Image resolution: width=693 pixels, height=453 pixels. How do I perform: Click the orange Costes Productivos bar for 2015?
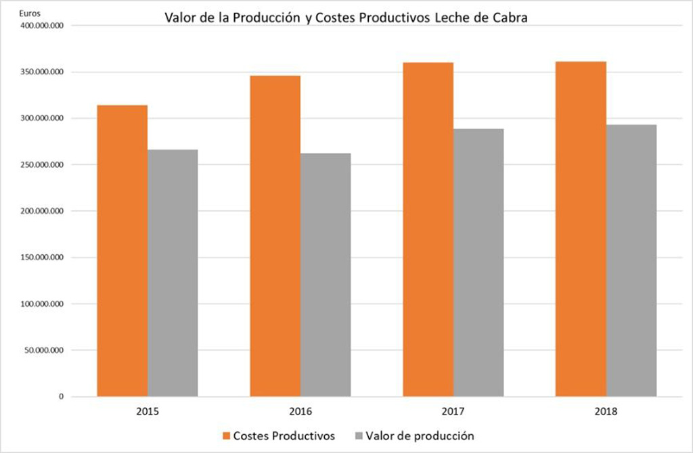pyautogui.click(x=122, y=250)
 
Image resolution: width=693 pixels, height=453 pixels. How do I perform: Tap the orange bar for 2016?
pyautogui.click(x=275, y=236)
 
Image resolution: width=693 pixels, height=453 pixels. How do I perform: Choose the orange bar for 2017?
pyautogui.click(x=428, y=229)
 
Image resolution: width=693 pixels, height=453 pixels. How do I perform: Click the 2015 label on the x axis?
pyautogui.click(x=147, y=410)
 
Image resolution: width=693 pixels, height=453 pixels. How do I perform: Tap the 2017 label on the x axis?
pyautogui.click(x=453, y=410)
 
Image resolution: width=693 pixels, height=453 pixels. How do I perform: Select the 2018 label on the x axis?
pyautogui.click(x=606, y=410)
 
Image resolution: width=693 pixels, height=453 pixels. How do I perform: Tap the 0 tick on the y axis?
pyautogui.click(x=60, y=397)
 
